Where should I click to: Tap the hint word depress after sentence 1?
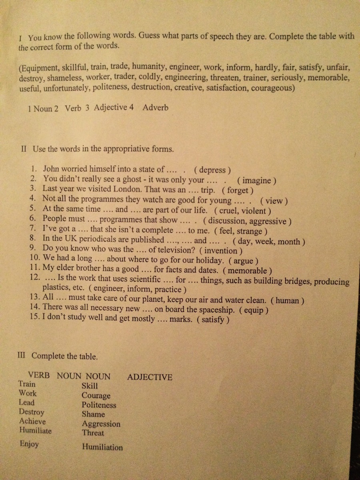pos(214,169)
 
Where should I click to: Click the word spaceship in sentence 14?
pos(217,309)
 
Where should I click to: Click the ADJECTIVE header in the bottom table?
pos(150,377)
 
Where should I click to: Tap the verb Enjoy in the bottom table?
pos(29,444)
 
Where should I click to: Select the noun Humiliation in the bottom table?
pos(102,448)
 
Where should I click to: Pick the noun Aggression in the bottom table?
pos(101,424)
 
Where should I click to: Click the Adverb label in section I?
pos(155,108)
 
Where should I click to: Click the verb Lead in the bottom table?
pos(26,402)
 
